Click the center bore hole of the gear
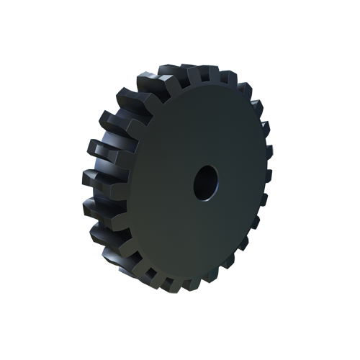point(204,183)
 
